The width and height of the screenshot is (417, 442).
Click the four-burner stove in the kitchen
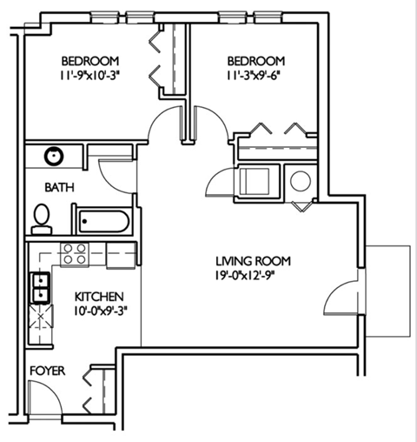pyautogui.click(x=75, y=254)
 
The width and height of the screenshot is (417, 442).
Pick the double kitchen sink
pyautogui.click(x=40, y=286)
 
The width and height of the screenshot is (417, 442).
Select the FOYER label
pyautogui.click(x=47, y=370)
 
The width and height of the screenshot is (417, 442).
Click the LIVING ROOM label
pyautogui.click(x=253, y=261)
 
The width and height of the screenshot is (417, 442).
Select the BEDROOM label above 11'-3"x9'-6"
pyautogui.click(x=256, y=61)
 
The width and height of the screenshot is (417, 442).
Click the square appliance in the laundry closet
pyautogui.click(x=257, y=182)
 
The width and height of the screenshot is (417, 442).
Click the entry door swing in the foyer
pyautogui.click(x=43, y=402)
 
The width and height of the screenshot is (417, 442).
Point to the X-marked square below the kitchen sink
pyautogui.click(x=40, y=314)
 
